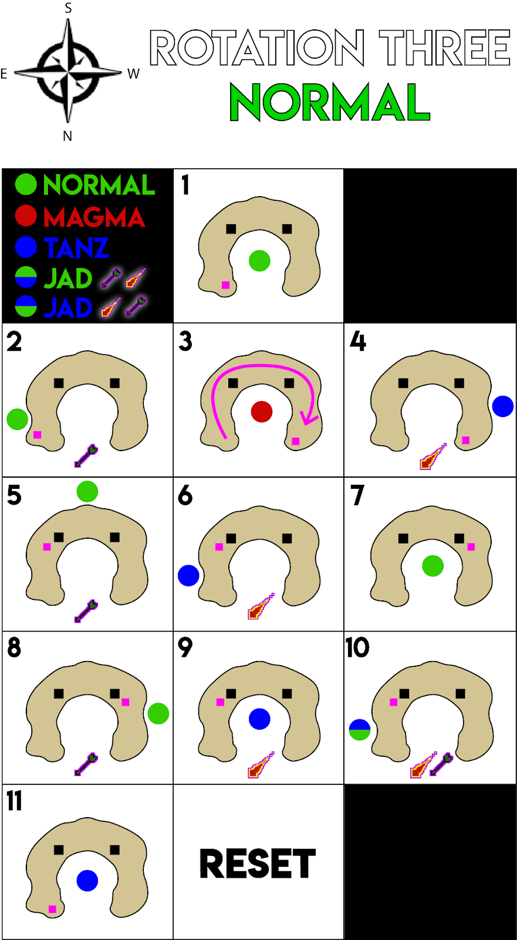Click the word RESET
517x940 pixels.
pos(258,864)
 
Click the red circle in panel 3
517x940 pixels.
pos(261,412)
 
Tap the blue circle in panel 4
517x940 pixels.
pos(503,406)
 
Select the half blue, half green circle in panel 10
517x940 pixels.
pos(360,730)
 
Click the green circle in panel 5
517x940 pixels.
pos(87,491)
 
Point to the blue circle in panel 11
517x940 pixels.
pos(87,881)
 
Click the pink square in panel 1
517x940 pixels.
pos(225,285)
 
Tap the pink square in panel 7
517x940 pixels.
pos(471,547)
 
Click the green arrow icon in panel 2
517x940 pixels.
pos(86,456)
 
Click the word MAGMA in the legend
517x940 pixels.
pos(94,217)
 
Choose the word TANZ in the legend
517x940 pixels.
pos(76,248)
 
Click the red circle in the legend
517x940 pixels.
pos(26,216)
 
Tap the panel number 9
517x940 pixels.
pos(185,647)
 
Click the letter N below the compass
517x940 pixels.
pos(67,136)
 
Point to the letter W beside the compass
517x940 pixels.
pos(134,74)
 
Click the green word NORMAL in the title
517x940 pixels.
pos(329,103)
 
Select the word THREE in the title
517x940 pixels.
pos(444,48)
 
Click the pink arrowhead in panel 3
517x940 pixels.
pos(309,418)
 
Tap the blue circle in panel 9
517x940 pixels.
pos(259,719)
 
